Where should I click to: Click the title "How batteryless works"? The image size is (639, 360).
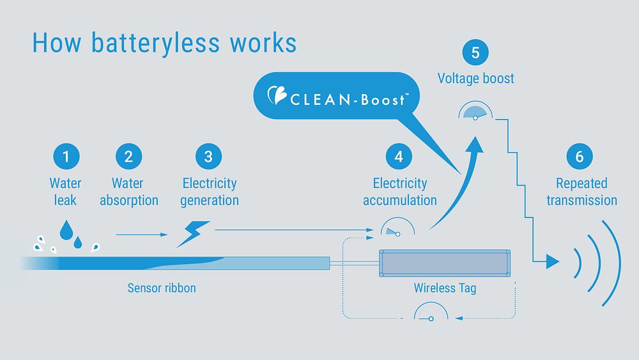coord(164,43)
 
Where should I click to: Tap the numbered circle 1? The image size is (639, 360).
coord(65,156)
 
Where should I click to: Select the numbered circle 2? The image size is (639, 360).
coord(128,156)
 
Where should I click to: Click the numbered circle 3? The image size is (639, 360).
coord(208,156)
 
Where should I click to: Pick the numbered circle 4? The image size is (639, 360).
coord(399,156)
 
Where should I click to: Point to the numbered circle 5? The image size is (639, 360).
coord(475,52)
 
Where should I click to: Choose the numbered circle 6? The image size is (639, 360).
coord(580,156)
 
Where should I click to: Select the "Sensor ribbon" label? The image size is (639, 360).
coord(162,288)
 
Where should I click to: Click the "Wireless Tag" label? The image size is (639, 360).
coord(445,288)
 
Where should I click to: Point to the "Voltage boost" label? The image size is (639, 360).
coord(475,79)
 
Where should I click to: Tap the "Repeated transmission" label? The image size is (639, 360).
coord(581,192)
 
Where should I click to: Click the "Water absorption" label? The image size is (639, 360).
coord(128,192)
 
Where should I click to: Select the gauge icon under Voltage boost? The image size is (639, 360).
coord(476,112)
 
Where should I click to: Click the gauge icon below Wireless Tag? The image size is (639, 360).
coord(431,313)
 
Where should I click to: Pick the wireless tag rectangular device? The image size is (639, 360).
coord(446,263)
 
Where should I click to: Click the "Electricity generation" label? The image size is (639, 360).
coord(209,192)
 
